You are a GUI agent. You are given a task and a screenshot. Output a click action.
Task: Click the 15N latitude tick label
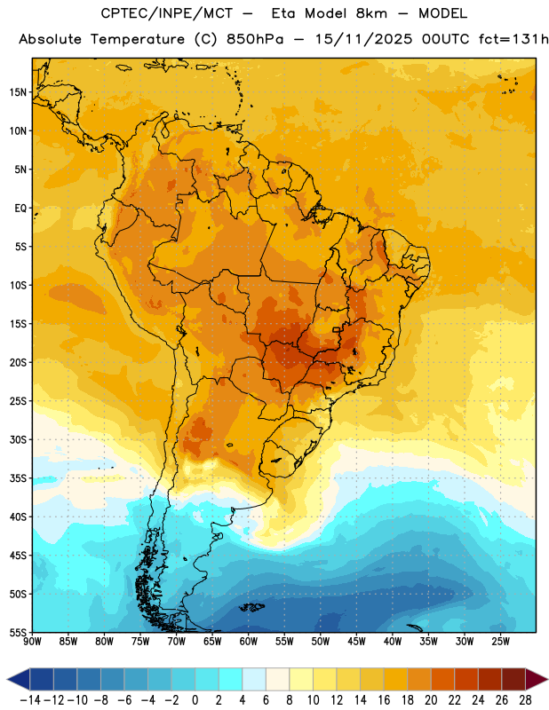click(x=18, y=92)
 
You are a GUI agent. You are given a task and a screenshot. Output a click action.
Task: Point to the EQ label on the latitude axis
click(x=20, y=209)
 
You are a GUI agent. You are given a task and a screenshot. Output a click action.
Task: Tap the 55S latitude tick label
click(x=18, y=632)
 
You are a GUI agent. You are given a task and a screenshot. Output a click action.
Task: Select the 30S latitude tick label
click(x=18, y=439)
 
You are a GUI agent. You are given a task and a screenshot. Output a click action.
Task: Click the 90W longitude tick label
click(x=32, y=641)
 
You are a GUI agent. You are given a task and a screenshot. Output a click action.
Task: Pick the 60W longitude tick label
click(x=249, y=641)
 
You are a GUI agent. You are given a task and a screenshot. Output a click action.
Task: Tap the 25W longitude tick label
click(x=500, y=641)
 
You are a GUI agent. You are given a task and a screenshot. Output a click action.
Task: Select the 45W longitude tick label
click(x=356, y=641)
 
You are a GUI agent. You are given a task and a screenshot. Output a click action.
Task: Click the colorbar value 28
click(x=525, y=700)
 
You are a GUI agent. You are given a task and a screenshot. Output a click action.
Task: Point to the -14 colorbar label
click(x=30, y=700)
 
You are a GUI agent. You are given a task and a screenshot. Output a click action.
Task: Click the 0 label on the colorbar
click(x=195, y=700)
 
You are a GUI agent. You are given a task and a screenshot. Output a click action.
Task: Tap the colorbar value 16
click(x=384, y=700)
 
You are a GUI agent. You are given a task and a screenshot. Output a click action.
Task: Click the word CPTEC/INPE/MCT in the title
click(x=167, y=13)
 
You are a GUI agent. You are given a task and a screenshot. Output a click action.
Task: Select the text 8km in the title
click(x=371, y=13)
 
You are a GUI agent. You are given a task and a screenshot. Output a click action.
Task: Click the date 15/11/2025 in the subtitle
click(x=363, y=39)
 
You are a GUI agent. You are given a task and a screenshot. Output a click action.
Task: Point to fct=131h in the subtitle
click(x=513, y=39)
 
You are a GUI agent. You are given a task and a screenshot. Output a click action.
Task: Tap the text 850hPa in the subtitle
click(x=255, y=39)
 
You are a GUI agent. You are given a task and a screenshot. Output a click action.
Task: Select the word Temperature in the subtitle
click(x=138, y=40)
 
